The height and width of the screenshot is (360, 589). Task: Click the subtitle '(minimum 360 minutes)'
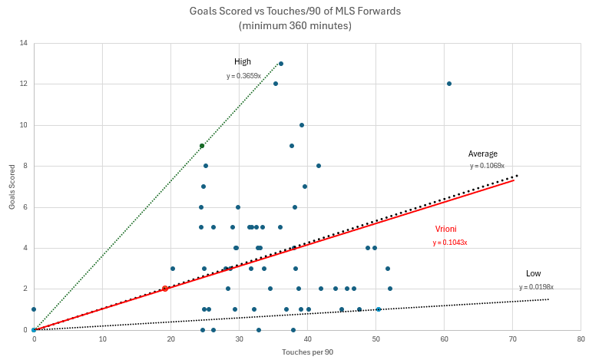[x=294, y=25]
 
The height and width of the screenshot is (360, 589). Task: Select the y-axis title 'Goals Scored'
[x=12, y=187]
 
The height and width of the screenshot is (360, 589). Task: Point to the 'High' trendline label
[x=243, y=61]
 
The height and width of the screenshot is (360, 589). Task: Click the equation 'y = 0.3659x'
[x=243, y=76]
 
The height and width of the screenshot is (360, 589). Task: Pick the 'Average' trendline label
[x=483, y=154]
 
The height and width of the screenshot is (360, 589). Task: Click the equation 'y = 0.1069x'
[x=487, y=166]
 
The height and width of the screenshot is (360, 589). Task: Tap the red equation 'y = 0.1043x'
[x=450, y=243]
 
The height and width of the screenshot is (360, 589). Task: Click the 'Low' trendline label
[x=533, y=273]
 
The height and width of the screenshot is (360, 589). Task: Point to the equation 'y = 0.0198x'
[x=536, y=287]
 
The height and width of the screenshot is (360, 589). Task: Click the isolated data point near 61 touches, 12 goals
[x=449, y=84]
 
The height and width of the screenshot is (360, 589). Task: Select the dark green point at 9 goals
[x=202, y=146]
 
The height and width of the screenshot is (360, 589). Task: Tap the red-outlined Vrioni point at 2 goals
[x=165, y=289]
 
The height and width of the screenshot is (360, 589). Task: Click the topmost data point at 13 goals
[x=281, y=64]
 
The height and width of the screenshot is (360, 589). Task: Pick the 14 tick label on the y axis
[x=24, y=43]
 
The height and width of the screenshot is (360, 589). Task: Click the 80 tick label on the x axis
[x=581, y=339]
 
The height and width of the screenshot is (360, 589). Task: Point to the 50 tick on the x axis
[x=376, y=339]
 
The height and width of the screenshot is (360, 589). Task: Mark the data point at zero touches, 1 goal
[x=34, y=309]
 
